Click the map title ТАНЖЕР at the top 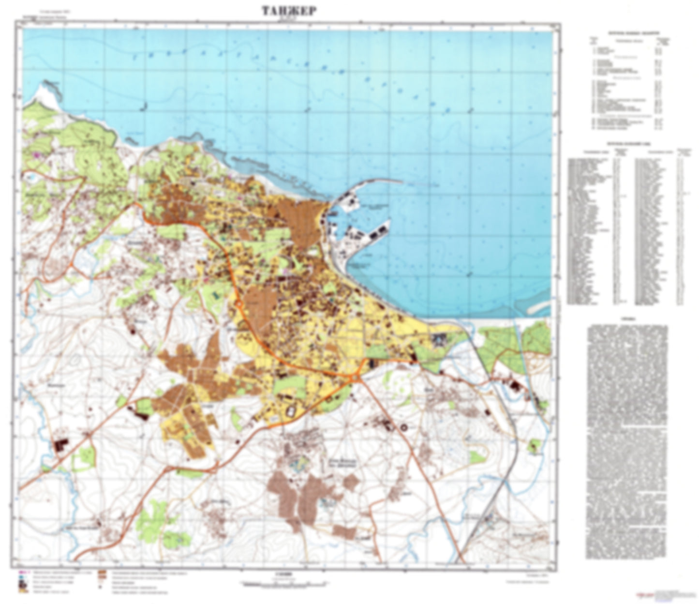pyautogui.click(x=289, y=11)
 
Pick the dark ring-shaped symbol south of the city pyautogui.click(x=403, y=427)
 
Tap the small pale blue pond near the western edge pyautogui.click(x=31, y=178)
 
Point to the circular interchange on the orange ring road pyautogui.click(x=239, y=304)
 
